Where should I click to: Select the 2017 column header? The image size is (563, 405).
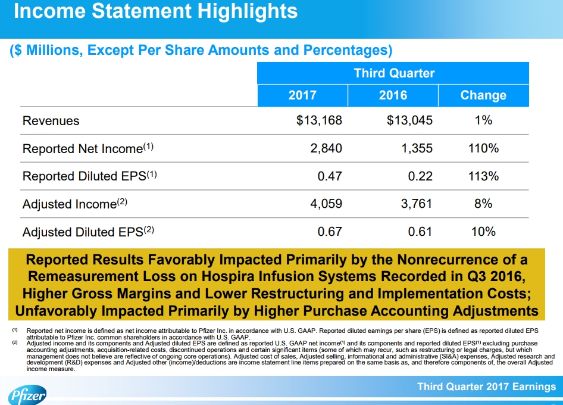[x=302, y=95]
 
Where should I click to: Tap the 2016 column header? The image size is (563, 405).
[x=393, y=95]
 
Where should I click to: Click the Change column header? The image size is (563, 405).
[x=483, y=95]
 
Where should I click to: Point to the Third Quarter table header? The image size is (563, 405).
[x=394, y=73]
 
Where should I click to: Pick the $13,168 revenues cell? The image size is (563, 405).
[x=319, y=120]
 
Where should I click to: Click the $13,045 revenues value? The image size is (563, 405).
[x=409, y=120]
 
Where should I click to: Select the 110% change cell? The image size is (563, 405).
[x=483, y=148]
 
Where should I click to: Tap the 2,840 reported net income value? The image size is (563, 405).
[x=326, y=148]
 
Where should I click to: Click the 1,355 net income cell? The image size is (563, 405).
[x=417, y=148]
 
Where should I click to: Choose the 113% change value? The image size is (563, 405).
[x=483, y=176]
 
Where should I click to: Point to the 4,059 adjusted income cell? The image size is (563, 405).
[x=326, y=204]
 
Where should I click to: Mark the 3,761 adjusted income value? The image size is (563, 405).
[x=417, y=204]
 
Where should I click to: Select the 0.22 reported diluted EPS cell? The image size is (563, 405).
[x=420, y=176]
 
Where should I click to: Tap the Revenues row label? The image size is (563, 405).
[x=51, y=121]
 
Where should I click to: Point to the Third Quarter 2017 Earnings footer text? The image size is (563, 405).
[x=486, y=387]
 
